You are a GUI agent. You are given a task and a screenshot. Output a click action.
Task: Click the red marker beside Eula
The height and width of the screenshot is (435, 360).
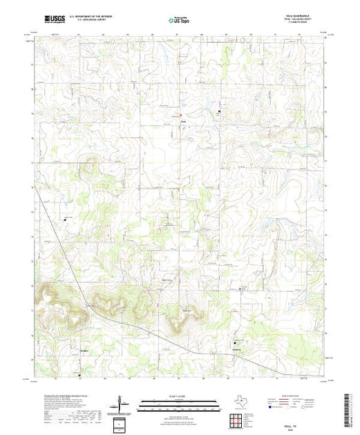(181, 114)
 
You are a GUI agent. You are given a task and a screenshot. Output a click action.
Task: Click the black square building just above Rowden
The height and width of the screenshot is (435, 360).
(235, 342)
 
